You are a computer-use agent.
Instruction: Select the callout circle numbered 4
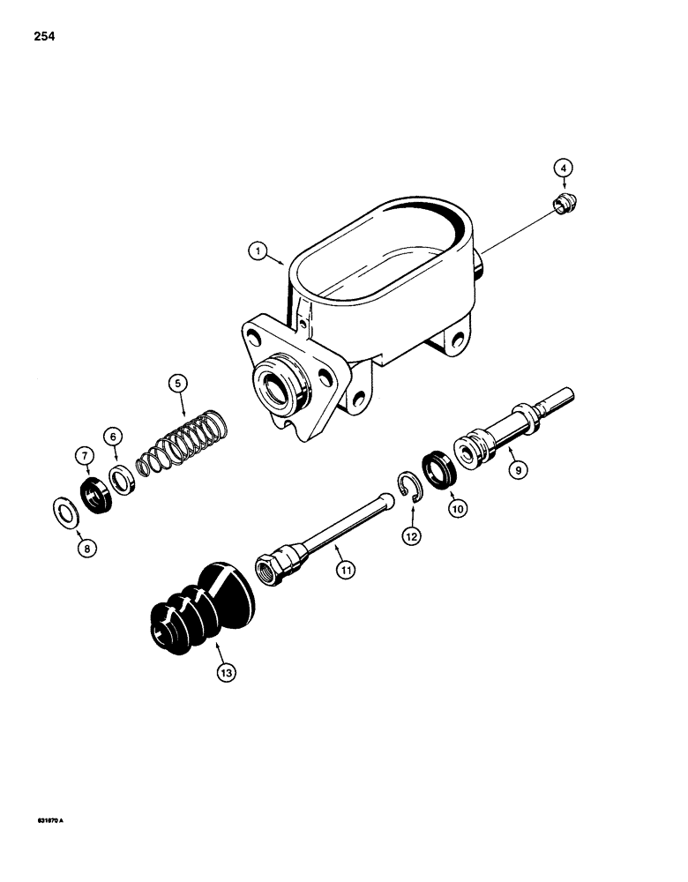tap(562, 167)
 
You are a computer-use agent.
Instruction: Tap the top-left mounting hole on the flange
tap(257, 336)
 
